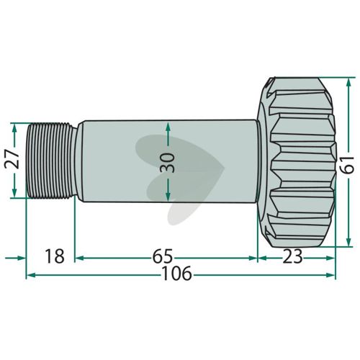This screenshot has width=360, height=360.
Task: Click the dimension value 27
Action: (x=12, y=158)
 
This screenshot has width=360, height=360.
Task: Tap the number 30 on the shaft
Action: (x=168, y=163)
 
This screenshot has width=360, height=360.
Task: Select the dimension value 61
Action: (x=347, y=165)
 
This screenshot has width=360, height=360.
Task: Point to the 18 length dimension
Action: (x=55, y=256)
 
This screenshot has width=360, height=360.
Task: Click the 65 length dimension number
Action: (x=163, y=256)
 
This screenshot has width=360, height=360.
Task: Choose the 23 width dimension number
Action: (x=292, y=256)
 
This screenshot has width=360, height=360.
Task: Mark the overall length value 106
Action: (x=177, y=273)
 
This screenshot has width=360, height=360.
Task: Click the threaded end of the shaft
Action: (x=52, y=161)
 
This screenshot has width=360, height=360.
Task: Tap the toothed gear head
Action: (x=297, y=163)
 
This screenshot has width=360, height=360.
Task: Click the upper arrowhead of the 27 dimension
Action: (x=14, y=128)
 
